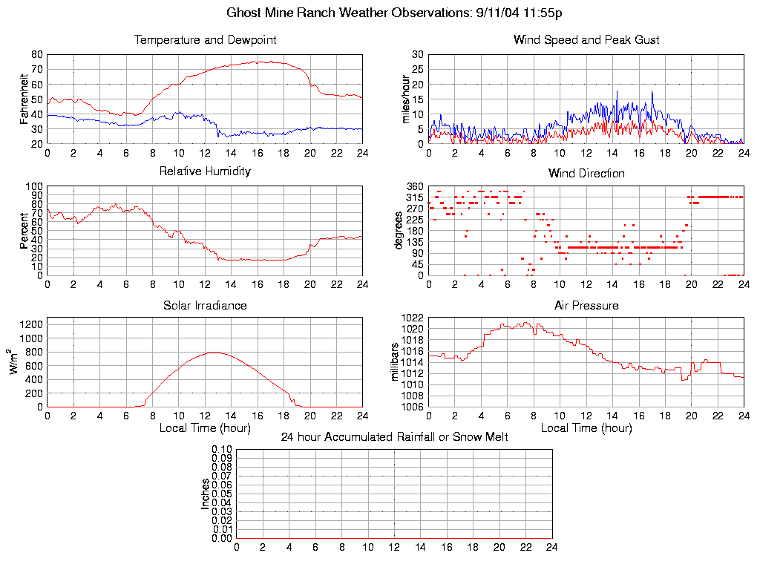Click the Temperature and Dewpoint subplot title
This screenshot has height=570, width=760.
click(205, 40)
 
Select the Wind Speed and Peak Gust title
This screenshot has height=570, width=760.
click(586, 40)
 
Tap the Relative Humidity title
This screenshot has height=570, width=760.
click(205, 171)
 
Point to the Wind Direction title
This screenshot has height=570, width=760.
click(586, 174)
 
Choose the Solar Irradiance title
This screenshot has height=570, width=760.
click(205, 305)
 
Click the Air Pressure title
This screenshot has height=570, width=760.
click(586, 305)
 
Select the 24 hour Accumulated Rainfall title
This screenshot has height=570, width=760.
click(394, 437)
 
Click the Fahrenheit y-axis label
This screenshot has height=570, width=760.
click(24, 99)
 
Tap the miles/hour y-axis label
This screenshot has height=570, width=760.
click(405, 99)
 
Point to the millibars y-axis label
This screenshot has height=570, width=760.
click(396, 362)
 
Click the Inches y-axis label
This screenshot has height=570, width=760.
click(206, 494)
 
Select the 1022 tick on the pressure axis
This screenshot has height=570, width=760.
click(413, 318)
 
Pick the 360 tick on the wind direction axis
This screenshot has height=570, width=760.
click(415, 186)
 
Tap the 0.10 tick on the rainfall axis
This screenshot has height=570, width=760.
click(222, 449)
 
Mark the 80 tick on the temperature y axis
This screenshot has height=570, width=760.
click(36, 54)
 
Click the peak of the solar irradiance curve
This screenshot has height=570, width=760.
click(214, 353)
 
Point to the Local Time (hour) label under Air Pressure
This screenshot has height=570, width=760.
click(586, 428)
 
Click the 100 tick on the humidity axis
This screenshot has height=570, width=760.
click(34, 186)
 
